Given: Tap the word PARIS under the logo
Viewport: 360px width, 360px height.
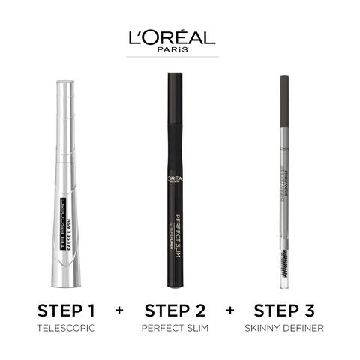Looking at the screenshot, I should click(175, 51).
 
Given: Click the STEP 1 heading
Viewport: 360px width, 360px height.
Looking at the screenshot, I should click(67, 310).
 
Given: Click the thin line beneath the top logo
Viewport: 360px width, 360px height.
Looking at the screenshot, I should click(175, 57).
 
